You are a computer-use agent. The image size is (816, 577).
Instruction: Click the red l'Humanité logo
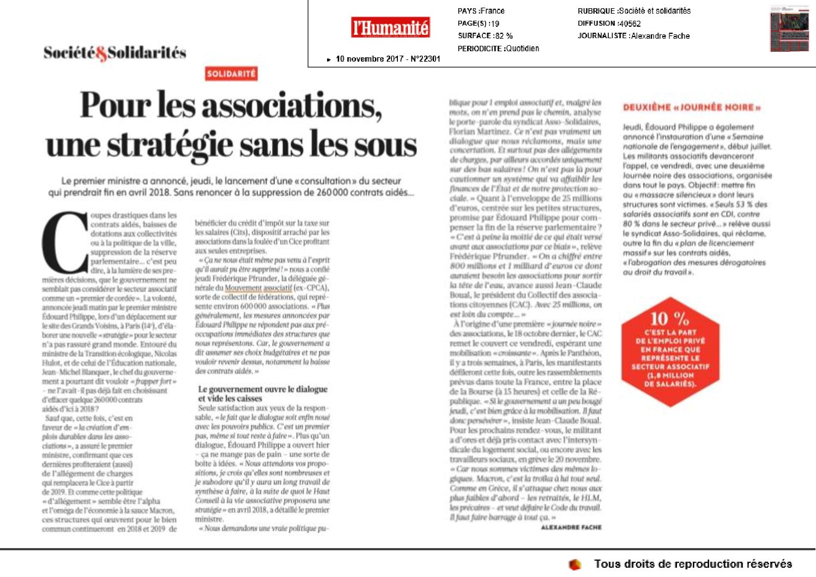coord(390,27)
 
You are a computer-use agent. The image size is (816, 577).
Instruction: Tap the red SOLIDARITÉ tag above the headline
coord(231,74)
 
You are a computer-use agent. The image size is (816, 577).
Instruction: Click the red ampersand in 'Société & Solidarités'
coord(101,53)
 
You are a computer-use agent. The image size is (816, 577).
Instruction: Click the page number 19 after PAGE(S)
coord(494,23)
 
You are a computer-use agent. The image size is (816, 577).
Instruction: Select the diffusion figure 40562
coord(630,23)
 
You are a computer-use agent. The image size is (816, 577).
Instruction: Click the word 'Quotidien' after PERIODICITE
coord(522,49)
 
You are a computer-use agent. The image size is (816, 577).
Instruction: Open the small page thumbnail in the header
coord(789,29)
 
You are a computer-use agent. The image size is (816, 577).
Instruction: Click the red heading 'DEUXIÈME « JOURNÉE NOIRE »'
coord(692,107)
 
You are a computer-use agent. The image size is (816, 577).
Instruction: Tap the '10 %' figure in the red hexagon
coord(670,318)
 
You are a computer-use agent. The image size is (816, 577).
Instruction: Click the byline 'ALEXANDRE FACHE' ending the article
coord(571,527)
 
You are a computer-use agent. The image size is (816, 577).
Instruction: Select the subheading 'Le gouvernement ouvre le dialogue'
coord(263,389)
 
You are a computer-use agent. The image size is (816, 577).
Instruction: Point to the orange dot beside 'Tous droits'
coord(575,564)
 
